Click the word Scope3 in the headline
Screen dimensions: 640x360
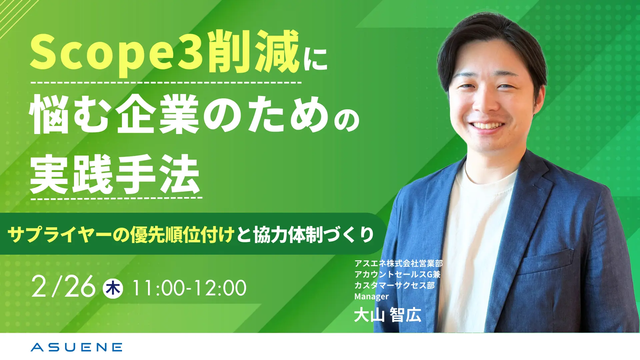pos(116,53)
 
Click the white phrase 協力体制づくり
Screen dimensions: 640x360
pos(313,235)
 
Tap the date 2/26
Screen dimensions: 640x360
pos(64,287)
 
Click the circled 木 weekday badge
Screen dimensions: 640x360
pos(113,288)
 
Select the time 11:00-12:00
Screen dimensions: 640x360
pos(189,288)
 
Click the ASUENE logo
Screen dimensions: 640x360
pos(76,347)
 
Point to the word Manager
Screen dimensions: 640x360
pos(371,296)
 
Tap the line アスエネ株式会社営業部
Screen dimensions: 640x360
pos(398,263)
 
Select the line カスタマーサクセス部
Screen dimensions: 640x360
pos(394,285)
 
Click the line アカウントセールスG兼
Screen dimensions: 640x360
pos(397,274)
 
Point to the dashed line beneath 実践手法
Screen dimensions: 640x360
pos(116,198)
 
